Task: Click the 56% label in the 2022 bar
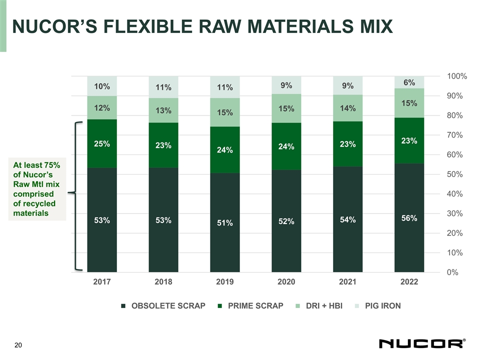coord(409,218)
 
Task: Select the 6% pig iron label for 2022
coord(409,82)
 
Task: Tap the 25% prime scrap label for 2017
coord(102,144)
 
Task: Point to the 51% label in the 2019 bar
coord(225,223)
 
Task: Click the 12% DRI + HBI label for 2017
coord(102,108)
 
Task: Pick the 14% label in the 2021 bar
coord(347,108)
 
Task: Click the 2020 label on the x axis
coord(286,282)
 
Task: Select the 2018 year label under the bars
coord(163,282)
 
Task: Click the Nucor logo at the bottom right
coord(422,344)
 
